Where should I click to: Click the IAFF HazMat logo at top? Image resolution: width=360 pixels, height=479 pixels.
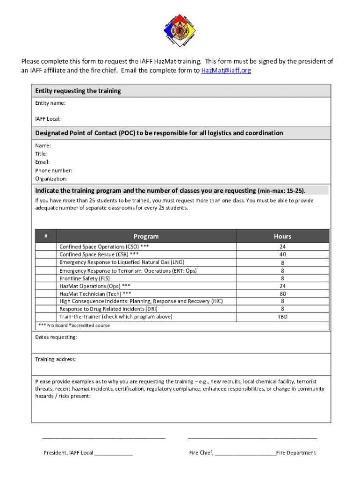(180, 30)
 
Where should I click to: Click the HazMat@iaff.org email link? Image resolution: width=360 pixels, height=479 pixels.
(226, 71)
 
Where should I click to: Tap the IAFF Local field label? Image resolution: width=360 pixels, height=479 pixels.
(48, 119)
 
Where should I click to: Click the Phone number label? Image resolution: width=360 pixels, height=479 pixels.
(53, 170)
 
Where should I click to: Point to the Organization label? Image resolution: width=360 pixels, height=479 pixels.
(51, 179)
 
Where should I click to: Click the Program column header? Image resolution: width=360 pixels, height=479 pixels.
(146, 236)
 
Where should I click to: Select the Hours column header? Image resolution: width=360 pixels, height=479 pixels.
(282, 236)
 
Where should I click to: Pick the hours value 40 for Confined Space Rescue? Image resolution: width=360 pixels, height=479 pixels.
(282, 254)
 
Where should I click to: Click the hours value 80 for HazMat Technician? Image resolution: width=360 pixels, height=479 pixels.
(282, 294)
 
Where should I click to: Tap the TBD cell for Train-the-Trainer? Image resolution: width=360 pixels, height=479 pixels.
(282, 317)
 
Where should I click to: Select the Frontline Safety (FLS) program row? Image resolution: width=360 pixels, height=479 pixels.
(85, 278)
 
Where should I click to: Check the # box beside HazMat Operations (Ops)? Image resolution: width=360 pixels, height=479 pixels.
(45, 286)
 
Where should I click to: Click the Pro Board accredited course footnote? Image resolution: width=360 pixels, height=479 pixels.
(73, 325)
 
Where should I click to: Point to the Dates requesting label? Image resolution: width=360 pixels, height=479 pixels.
(56, 337)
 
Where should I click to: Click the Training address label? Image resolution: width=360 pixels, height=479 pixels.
(55, 359)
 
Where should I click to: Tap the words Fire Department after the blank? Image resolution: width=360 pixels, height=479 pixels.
(296, 453)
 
